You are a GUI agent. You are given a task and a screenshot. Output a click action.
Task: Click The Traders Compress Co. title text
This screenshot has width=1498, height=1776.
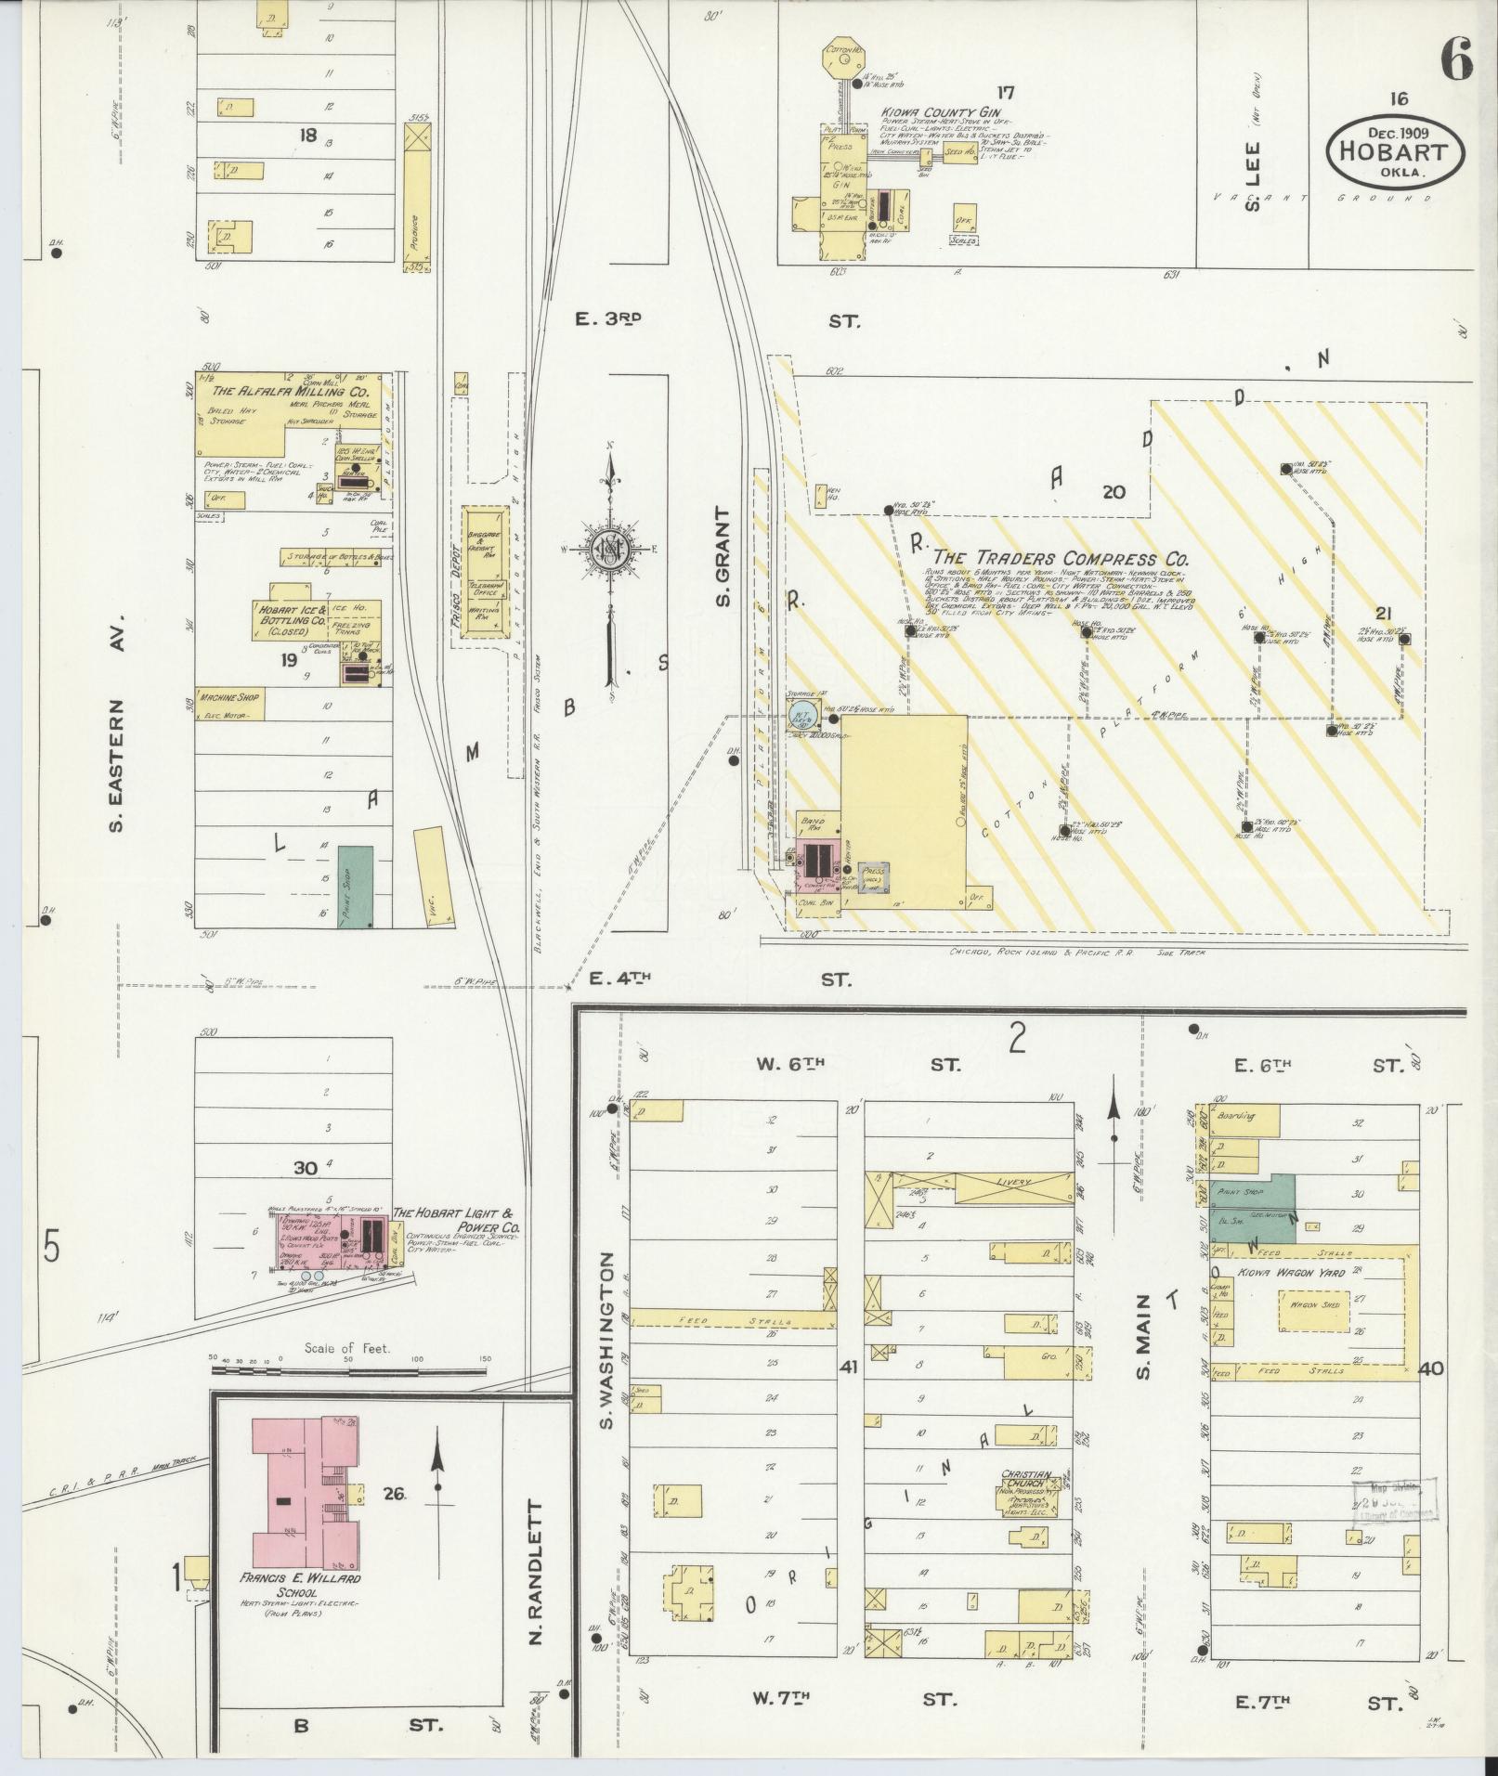coord(1061,559)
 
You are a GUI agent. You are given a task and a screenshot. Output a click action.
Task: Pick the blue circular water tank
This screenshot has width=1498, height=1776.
coord(802,714)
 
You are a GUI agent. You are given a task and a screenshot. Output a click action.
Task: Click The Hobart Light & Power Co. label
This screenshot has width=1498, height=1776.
coord(456,1220)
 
